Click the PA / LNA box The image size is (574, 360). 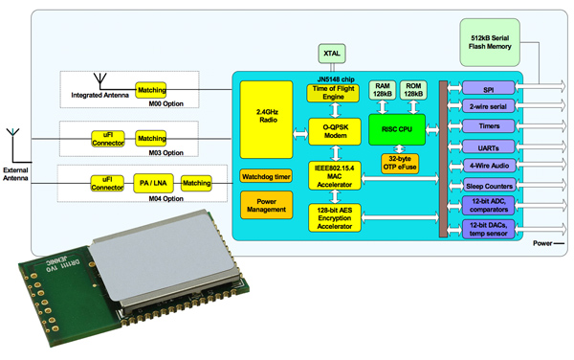pyautogui.click(x=148, y=182)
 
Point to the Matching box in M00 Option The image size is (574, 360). pyautogui.click(x=151, y=89)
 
